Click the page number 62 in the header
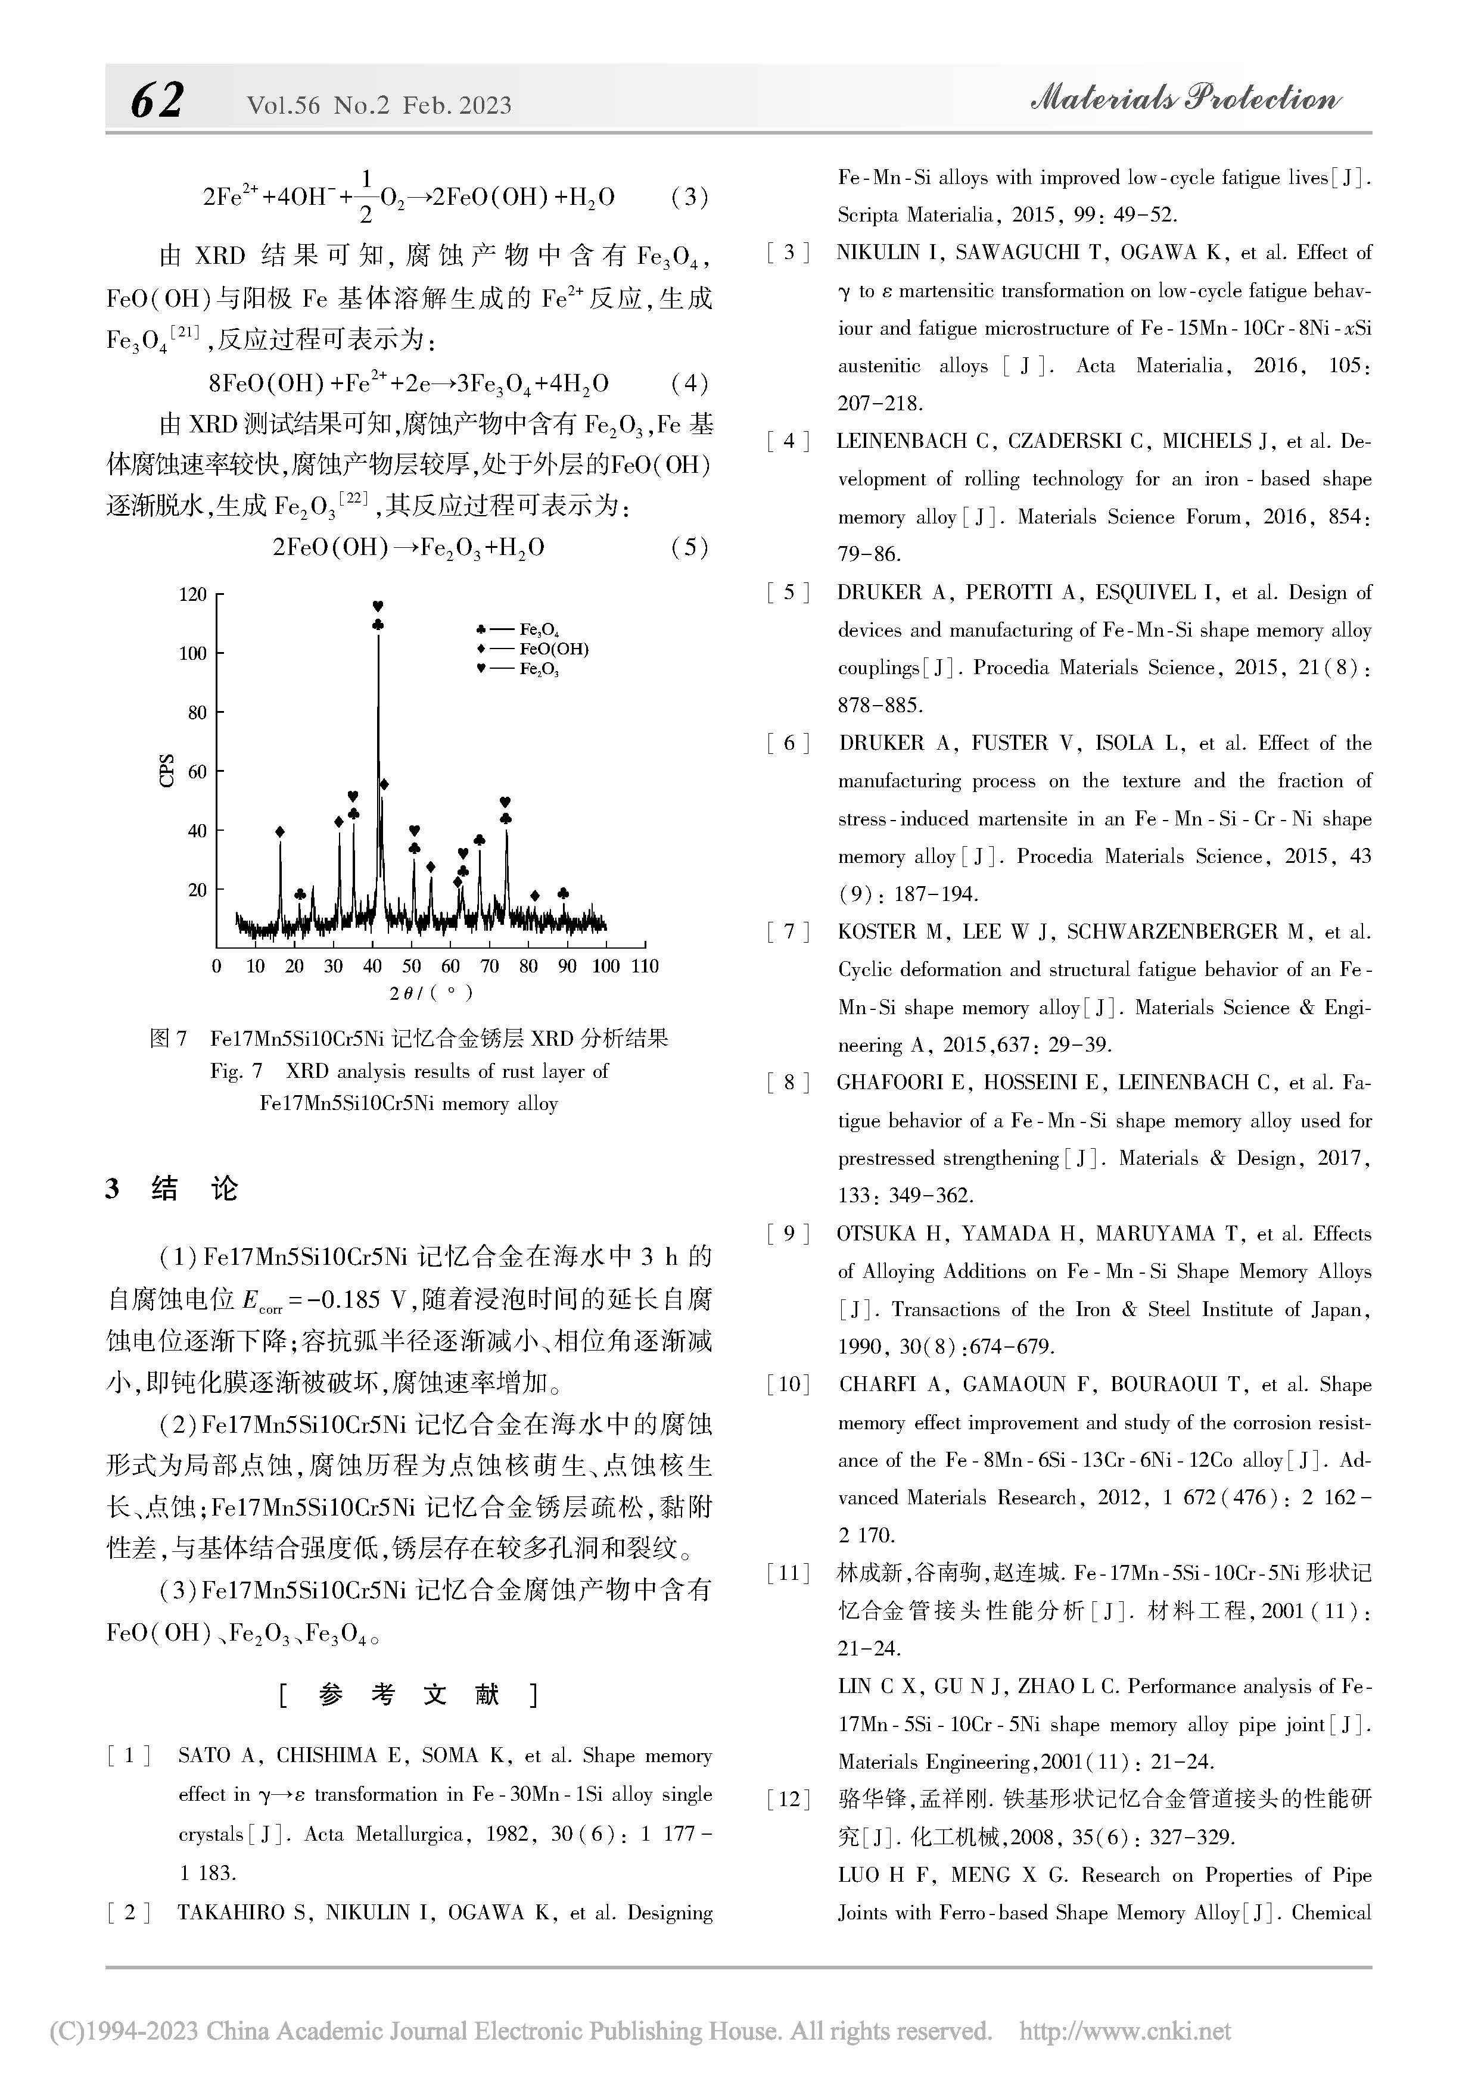point(157,101)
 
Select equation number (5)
point(689,547)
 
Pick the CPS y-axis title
point(167,771)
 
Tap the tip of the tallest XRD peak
point(379,637)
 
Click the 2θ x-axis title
point(431,993)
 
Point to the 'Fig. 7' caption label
point(236,1071)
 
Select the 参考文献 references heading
point(409,1694)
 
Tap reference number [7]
point(788,932)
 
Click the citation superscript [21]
point(186,333)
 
